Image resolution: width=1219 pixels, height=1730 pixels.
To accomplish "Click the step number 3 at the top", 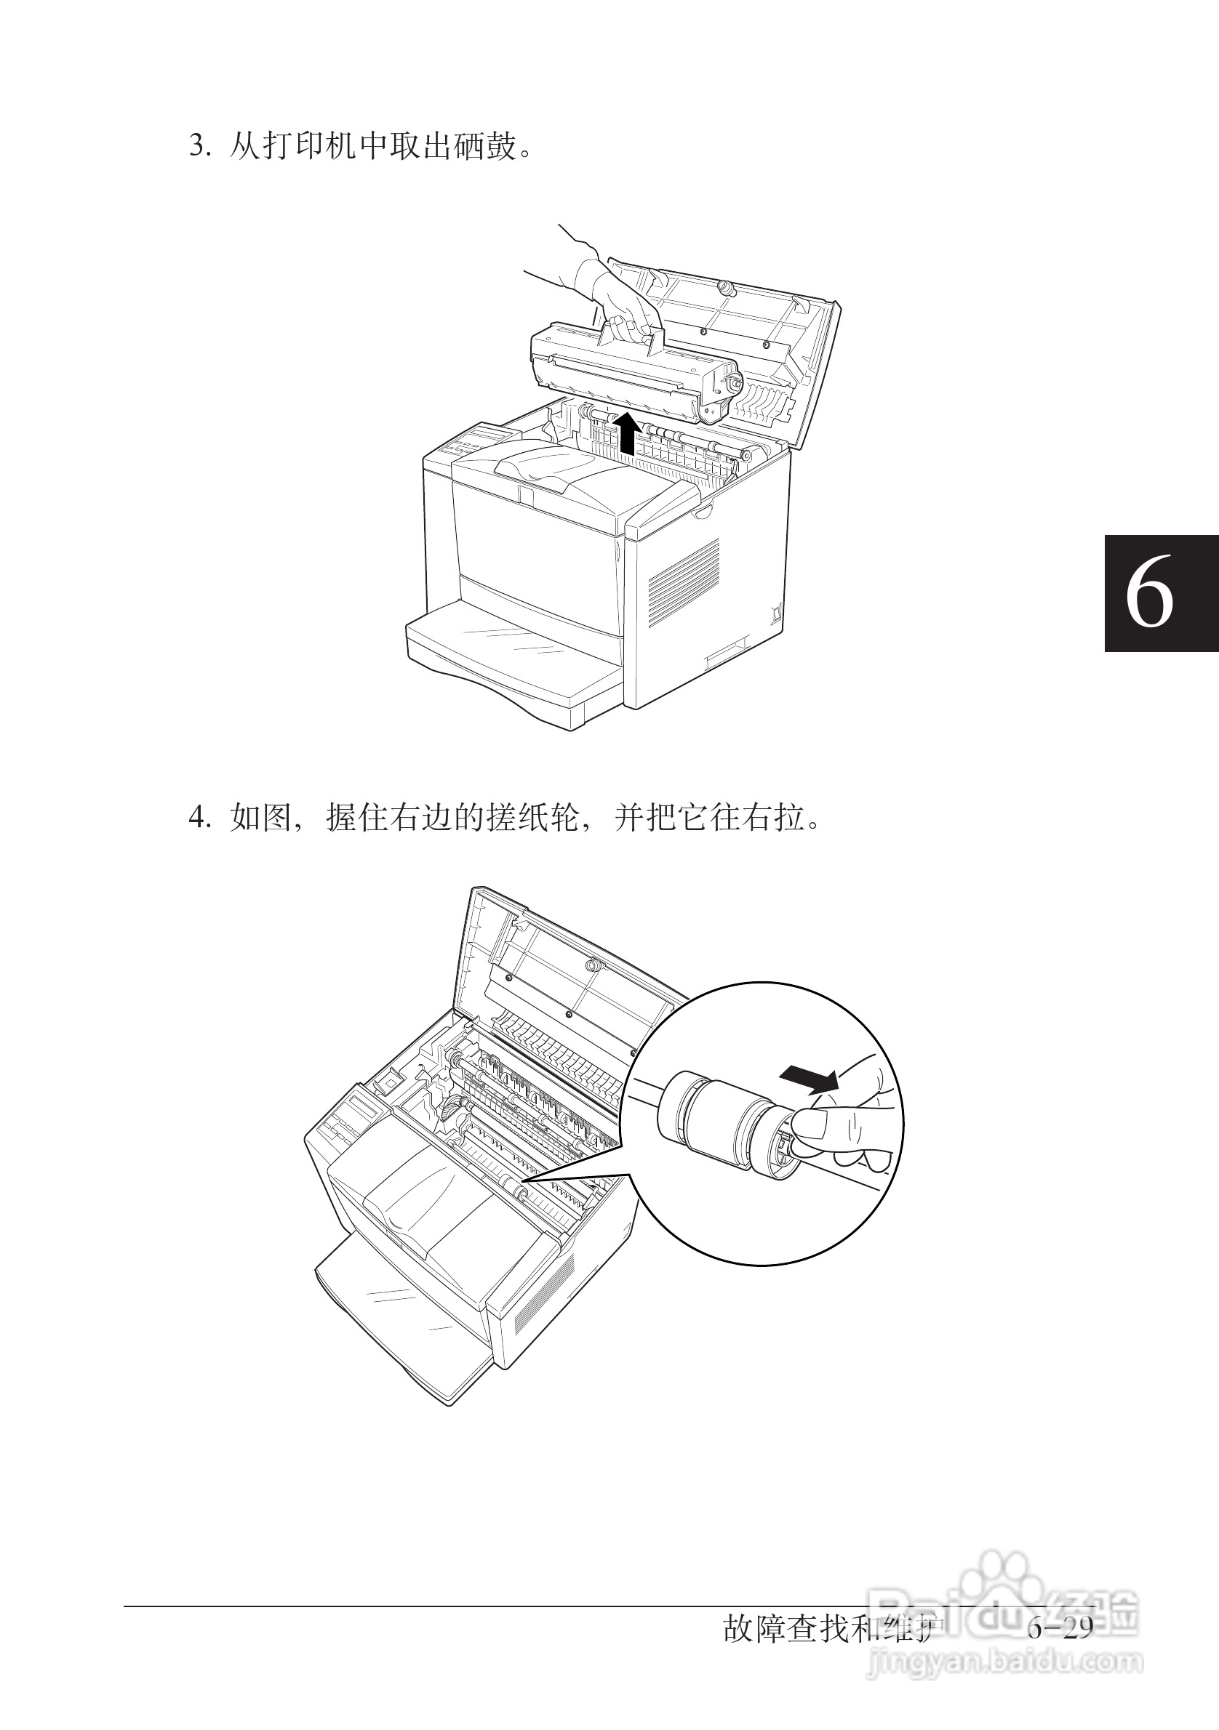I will tap(198, 146).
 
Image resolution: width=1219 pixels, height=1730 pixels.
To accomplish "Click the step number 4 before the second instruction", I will tap(198, 817).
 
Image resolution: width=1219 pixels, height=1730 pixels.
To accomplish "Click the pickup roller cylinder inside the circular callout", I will tap(720, 1127).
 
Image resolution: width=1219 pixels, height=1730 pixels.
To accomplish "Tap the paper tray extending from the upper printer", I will tap(513, 663).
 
